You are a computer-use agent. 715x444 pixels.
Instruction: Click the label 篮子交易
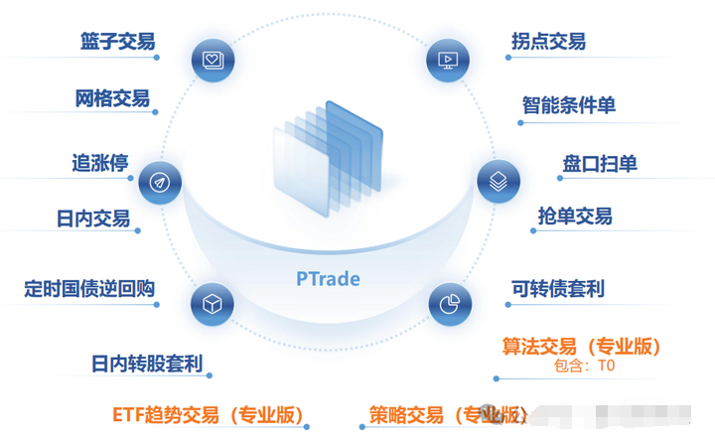coord(117,42)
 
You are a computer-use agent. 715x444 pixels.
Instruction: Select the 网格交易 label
coord(112,98)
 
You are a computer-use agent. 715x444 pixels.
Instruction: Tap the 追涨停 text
coord(100,163)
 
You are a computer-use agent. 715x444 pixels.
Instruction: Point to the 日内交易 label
coord(93,219)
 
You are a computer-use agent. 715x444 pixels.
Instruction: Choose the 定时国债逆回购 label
coord(89,288)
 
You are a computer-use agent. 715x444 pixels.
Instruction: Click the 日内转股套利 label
coord(147,364)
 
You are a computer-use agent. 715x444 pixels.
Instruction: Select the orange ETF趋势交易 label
coord(209,415)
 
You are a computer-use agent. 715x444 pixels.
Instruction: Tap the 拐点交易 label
coord(548,42)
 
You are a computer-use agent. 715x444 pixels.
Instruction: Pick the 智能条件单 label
coord(569,105)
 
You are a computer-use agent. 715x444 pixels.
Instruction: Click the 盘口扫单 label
coord(600,164)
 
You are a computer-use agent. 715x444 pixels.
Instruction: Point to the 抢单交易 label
coord(575,216)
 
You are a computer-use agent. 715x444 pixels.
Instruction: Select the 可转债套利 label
coord(558,288)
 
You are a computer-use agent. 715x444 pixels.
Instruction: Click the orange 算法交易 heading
coord(581,347)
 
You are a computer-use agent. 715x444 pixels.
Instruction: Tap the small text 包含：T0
coord(584,366)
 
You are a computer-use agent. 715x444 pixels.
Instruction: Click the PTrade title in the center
coord(328,279)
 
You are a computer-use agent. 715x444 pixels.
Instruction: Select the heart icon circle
coord(213,61)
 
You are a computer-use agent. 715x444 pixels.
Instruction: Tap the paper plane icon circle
coord(160,183)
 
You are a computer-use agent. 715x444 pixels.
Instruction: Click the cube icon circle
coord(213,304)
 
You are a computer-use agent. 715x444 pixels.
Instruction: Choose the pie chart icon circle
coord(450,304)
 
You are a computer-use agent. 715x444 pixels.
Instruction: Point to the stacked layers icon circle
coord(499,182)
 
